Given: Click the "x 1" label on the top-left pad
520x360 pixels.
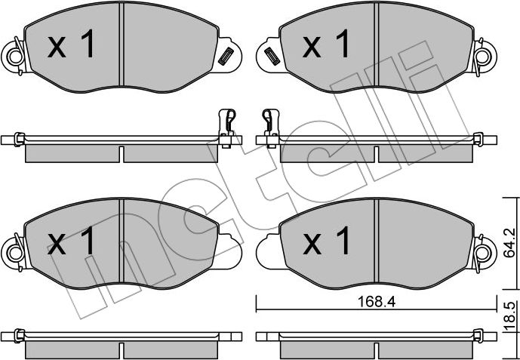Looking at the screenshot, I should click(72, 47).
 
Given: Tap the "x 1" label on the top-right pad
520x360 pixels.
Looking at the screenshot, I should click(327, 47).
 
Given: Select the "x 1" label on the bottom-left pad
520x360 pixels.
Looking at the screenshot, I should click(72, 242).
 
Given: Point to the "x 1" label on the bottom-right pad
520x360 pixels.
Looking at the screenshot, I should click(327, 242).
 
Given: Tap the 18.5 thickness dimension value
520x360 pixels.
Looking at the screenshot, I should click(510, 315).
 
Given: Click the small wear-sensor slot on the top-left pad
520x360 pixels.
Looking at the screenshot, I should click(224, 55).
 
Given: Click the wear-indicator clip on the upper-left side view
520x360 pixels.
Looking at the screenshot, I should click(224, 125).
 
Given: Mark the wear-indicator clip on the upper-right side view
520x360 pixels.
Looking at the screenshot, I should click(267, 125).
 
